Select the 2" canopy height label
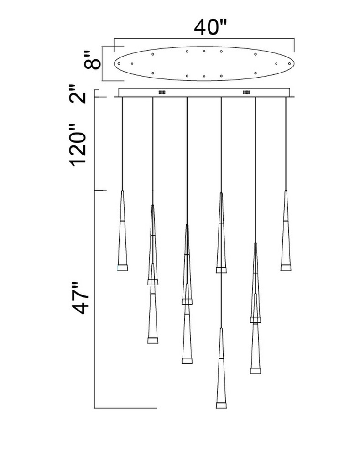click(78, 93)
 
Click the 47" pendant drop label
click(80, 297)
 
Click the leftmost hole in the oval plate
click(119, 63)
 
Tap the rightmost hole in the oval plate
click(289, 63)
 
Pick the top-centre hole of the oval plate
click(204, 51)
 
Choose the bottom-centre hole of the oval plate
click(204, 76)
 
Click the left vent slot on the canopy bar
click(162, 93)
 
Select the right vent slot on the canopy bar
click(246, 93)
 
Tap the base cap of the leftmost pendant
click(123, 268)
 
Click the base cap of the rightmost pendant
click(286, 268)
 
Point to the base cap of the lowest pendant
click(221, 405)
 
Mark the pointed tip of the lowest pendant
click(221, 328)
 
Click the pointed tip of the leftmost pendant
click(123, 191)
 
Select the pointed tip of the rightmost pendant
click(286, 191)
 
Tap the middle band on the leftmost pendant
click(123, 221)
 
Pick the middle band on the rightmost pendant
click(286, 221)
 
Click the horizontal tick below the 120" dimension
click(100, 191)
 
